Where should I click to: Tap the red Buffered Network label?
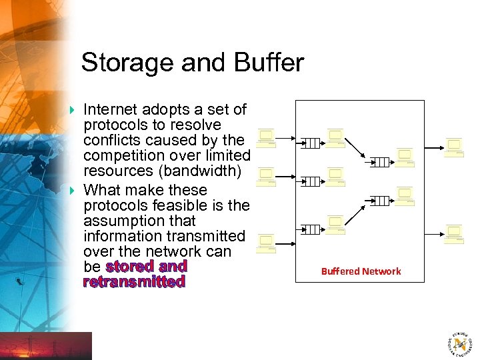point(361,271)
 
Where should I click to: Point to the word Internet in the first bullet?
point(111,109)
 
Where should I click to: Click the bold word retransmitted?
point(134,282)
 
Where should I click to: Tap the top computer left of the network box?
point(267,139)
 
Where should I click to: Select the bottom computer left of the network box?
point(266,244)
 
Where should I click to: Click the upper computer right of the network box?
point(455,147)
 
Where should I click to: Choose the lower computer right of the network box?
point(455,234)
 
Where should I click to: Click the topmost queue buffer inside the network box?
point(311,143)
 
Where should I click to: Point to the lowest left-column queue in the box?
point(311,230)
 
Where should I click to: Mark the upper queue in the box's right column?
point(379,162)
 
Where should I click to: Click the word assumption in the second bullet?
point(139,221)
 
